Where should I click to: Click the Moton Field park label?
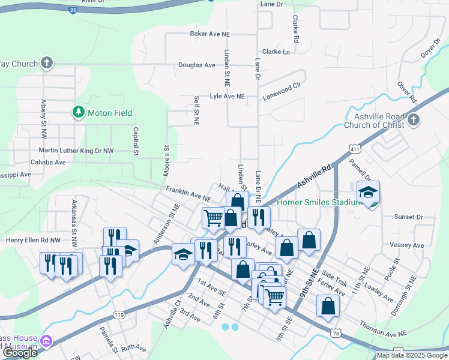[109, 113]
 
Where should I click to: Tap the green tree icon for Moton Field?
[77, 112]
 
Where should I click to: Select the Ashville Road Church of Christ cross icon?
[412, 121]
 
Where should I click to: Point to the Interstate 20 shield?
[72, 10]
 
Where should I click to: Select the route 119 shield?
[119, 315]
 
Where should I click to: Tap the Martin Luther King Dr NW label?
[76, 151]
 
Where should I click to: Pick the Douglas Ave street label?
[196, 65]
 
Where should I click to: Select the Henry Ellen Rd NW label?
[34, 240]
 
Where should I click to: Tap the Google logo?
[20, 353]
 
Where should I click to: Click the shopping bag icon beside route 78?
[328, 306]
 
